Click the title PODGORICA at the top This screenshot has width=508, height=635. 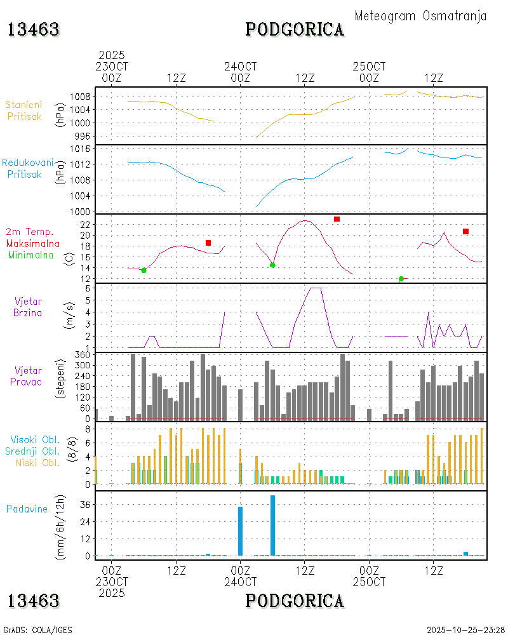[295, 29]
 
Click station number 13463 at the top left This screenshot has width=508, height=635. [34, 29]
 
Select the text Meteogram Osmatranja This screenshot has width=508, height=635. [420, 16]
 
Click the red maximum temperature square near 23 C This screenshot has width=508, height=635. [337, 219]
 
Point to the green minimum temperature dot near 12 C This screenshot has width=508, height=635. [401, 279]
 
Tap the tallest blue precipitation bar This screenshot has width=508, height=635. [272, 525]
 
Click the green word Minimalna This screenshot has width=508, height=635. [31, 255]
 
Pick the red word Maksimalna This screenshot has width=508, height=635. [33, 243]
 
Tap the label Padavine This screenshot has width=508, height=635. [27, 509]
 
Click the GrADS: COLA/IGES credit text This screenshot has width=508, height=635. [37, 630]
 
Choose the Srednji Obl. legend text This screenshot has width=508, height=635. [34, 451]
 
